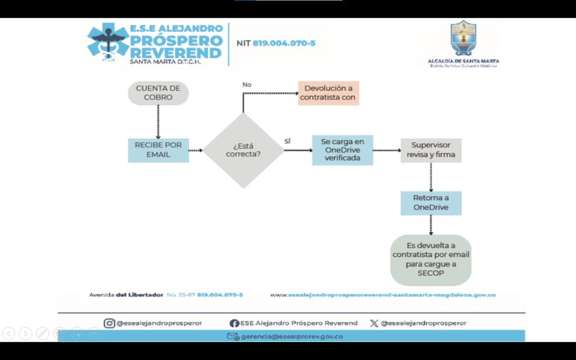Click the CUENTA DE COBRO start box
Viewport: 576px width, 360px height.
coord(158,93)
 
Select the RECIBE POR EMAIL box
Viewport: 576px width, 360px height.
coord(158,150)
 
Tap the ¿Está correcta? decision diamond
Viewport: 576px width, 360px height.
coord(243,150)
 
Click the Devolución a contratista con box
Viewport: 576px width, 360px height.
coord(328,93)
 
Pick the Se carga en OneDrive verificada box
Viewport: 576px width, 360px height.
coord(343,150)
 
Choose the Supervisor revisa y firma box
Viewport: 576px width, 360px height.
coord(431,150)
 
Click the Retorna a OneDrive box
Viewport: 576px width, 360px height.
coord(431,202)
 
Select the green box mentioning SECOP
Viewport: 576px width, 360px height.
coord(431,260)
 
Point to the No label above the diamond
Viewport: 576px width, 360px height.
coord(247,84)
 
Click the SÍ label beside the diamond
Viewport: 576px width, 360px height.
coord(287,141)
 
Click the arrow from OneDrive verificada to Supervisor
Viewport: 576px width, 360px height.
coord(386,151)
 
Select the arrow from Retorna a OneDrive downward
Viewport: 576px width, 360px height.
coord(431,224)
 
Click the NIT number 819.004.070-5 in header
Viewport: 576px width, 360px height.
coord(283,43)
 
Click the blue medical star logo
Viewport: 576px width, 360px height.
coord(107,42)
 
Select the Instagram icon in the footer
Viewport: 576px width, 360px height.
coord(109,323)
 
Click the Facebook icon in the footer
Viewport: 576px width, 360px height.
coord(235,323)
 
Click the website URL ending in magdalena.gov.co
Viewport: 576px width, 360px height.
coord(382,295)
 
